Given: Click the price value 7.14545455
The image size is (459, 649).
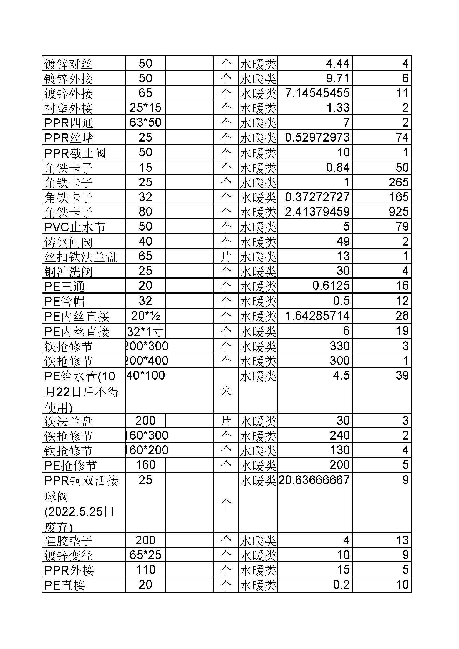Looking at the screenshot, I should pyautogui.click(x=317, y=93).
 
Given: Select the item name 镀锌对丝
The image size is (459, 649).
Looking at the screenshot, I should pyautogui.click(x=68, y=64).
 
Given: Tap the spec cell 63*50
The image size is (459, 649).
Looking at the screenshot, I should pyautogui.click(x=145, y=122).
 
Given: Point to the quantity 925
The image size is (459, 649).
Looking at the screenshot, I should pyautogui.click(x=399, y=212).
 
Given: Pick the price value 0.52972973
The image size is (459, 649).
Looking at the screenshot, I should pyautogui.click(x=317, y=138).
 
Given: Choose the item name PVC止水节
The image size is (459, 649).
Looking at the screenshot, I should pyautogui.click(x=75, y=227).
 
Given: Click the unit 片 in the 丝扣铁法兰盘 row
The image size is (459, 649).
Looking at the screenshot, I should pyautogui.click(x=226, y=257).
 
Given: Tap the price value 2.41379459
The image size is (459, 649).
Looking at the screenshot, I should pyautogui.click(x=317, y=212).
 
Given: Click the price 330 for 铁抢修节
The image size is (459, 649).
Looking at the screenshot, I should pyautogui.click(x=340, y=346).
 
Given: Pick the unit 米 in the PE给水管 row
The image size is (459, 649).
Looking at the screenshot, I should pyautogui.click(x=226, y=392).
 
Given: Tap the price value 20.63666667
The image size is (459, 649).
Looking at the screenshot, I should pyautogui.click(x=314, y=480).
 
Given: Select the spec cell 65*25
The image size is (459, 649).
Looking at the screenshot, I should pyautogui.click(x=145, y=555).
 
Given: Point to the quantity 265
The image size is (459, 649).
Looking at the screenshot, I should pyautogui.click(x=399, y=182).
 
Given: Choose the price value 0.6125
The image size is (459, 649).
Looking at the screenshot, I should pyautogui.click(x=331, y=286).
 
